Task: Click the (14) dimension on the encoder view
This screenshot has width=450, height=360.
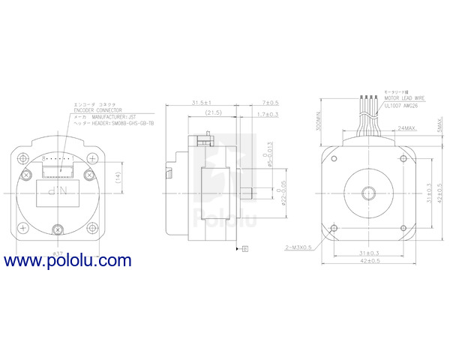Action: (118, 177)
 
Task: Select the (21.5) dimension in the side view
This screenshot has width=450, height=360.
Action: (213, 112)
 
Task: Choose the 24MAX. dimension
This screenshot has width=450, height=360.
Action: (408, 128)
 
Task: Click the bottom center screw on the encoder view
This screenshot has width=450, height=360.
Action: (58, 229)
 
